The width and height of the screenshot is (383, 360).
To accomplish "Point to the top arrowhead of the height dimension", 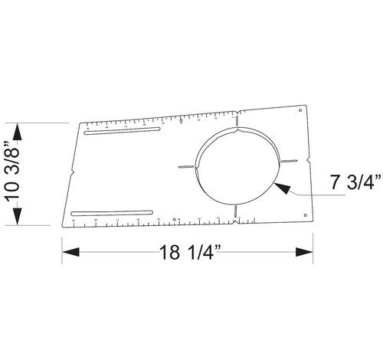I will tap(20, 128).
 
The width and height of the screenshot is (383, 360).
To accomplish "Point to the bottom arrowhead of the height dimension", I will tap(20, 221).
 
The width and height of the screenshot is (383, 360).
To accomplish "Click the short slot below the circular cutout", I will tap(237, 211).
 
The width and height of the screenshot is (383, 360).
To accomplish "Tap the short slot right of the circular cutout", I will tap(290, 162).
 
